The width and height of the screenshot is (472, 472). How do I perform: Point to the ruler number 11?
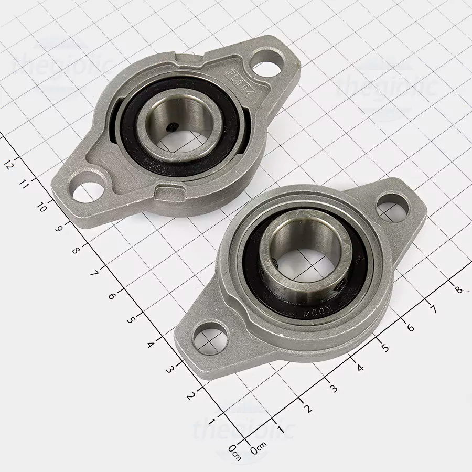(24, 184)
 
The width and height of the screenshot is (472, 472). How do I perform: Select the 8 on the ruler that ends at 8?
(459, 289)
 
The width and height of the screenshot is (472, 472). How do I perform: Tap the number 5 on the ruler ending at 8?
(385, 347)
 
